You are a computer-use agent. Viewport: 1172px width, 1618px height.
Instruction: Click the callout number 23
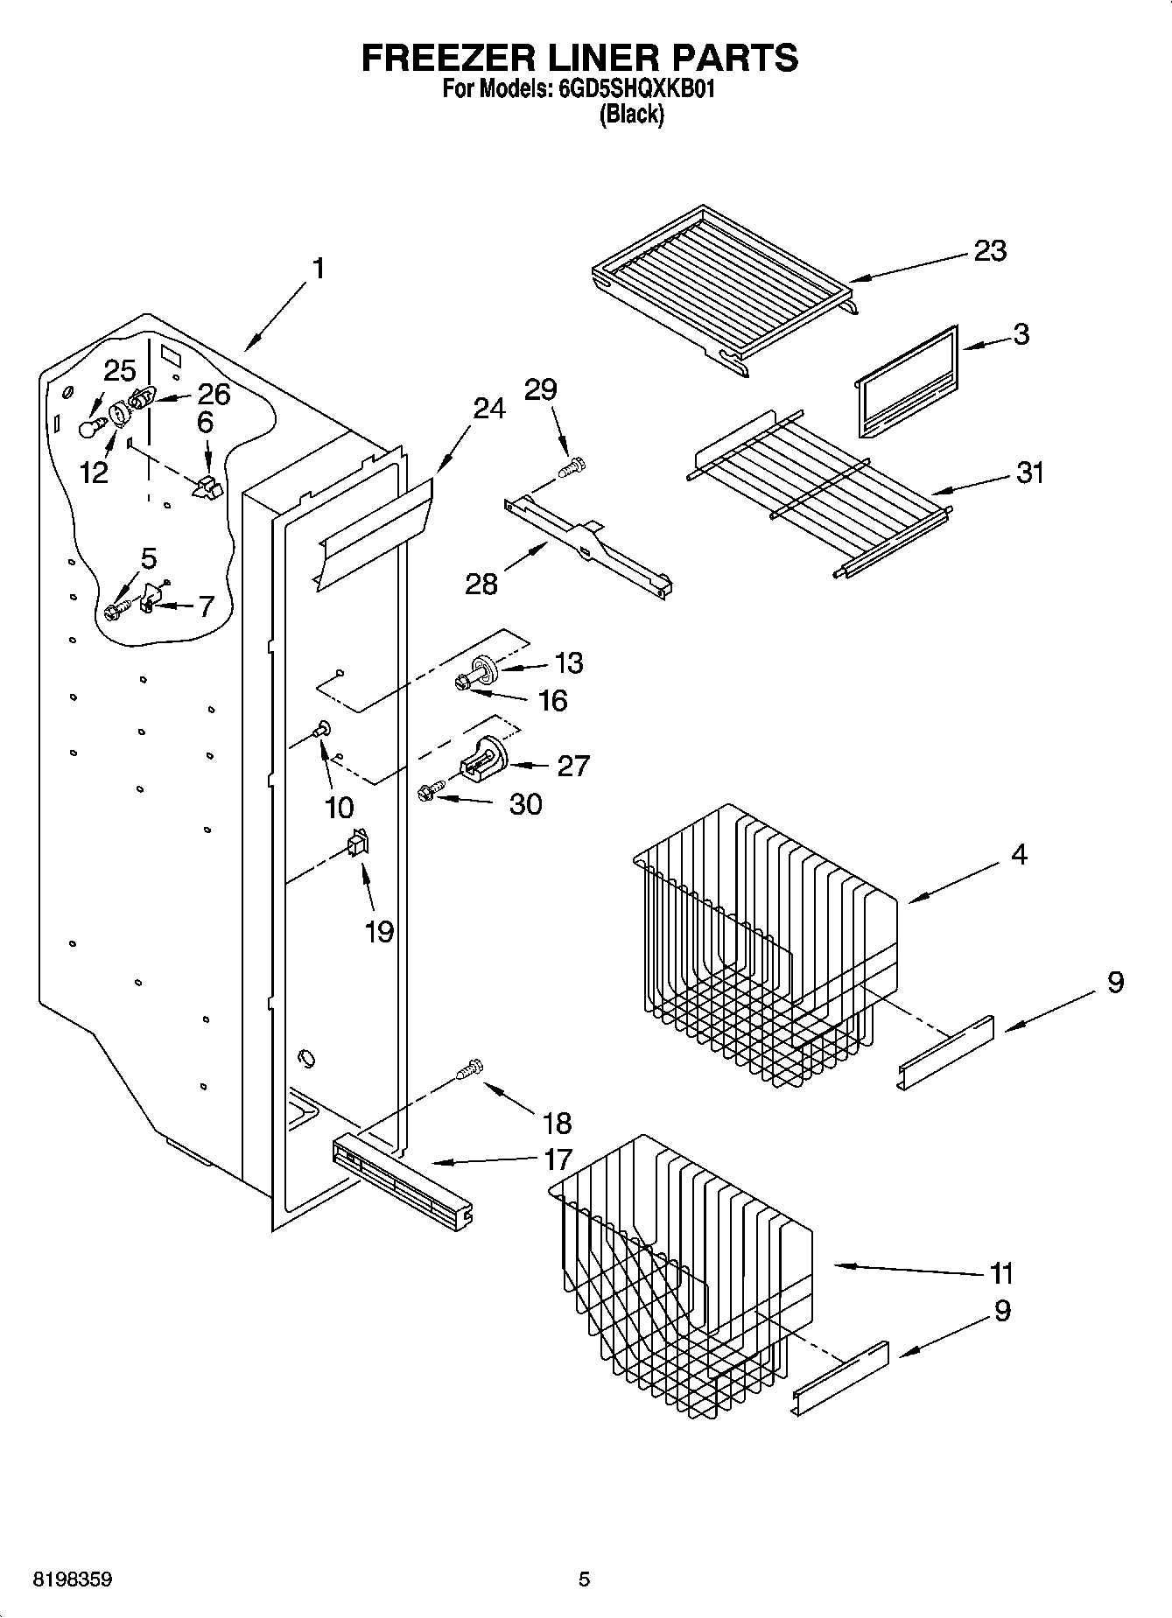(x=991, y=251)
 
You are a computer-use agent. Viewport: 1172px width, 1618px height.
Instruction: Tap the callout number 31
(x=1030, y=473)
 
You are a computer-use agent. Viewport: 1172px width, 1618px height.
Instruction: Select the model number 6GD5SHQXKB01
(x=636, y=88)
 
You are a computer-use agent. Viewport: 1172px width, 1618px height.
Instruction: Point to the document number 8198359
(x=72, y=1579)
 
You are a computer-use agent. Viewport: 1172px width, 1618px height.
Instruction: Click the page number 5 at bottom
(x=584, y=1579)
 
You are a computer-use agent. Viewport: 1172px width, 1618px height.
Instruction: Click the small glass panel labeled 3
(x=905, y=382)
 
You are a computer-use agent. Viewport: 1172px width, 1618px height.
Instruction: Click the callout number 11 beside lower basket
(x=1001, y=1272)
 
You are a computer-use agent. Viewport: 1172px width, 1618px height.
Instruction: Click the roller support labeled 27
(x=484, y=756)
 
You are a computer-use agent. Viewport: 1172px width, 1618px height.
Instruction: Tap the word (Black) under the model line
(x=631, y=115)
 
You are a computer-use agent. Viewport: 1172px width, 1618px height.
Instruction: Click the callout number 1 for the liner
(x=319, y=268)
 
